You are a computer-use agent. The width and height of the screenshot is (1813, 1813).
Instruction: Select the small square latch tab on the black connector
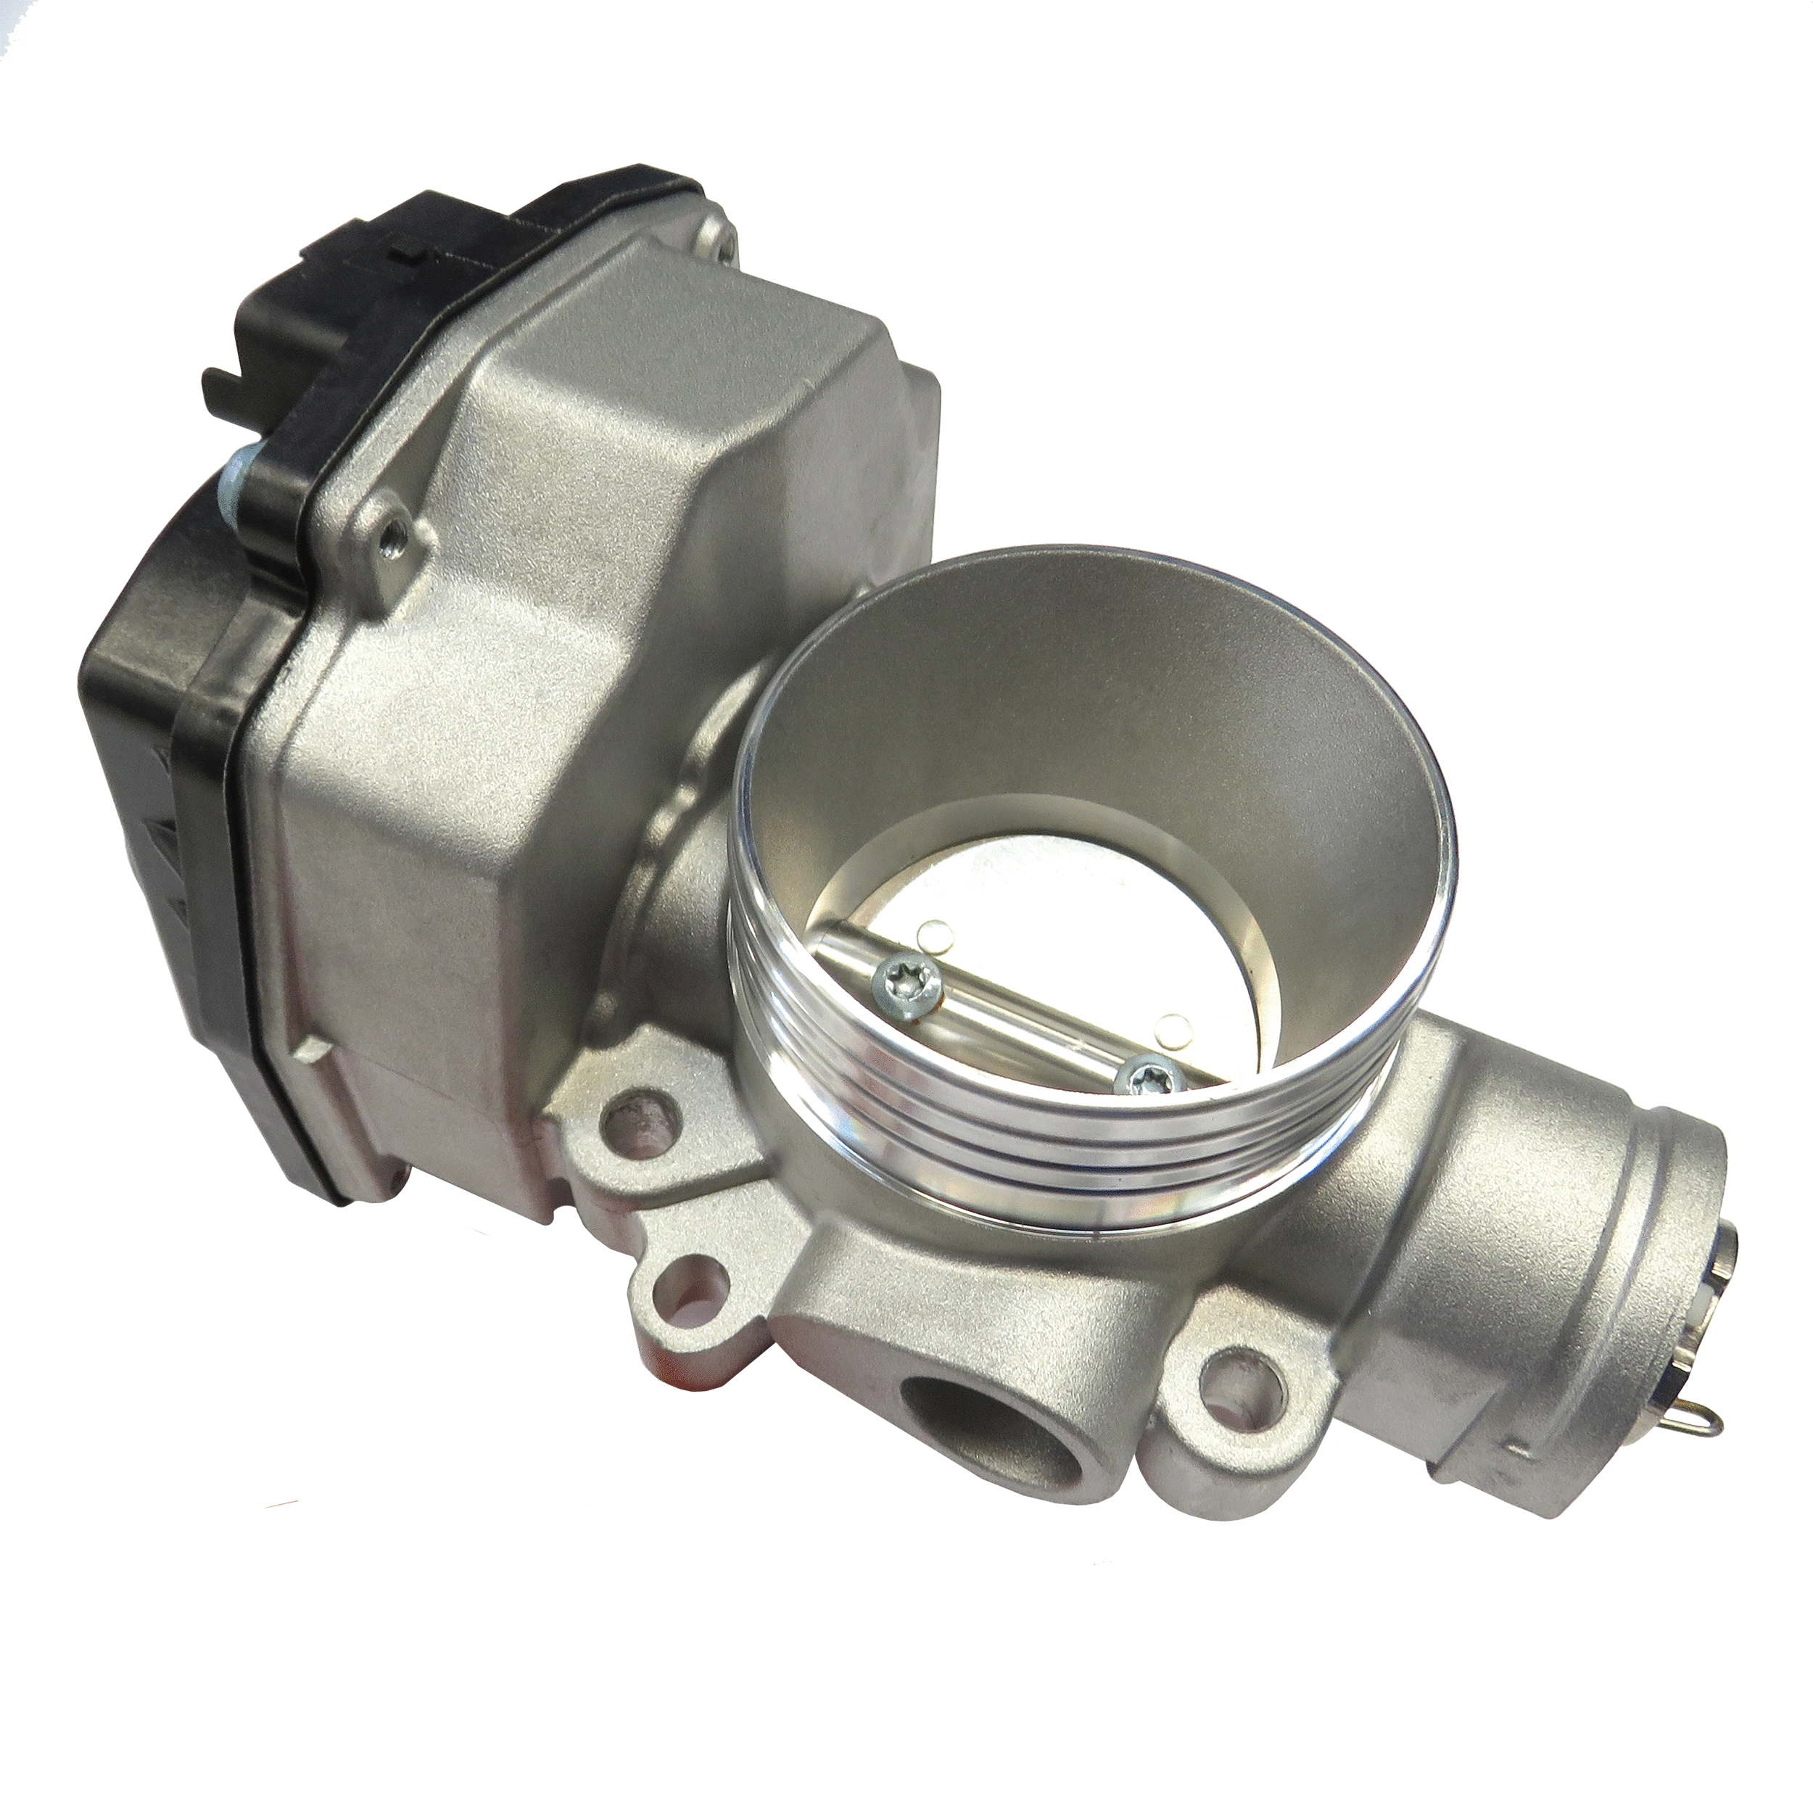(408, 253)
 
